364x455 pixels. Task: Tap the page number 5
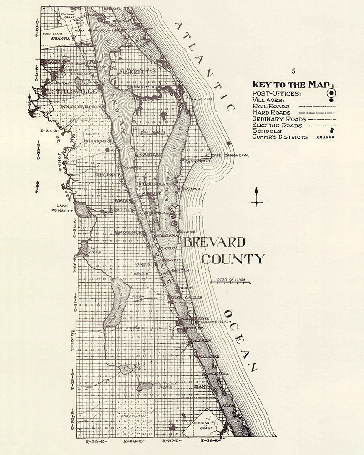pyautogui.click(x=294, y=71)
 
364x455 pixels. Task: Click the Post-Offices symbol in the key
pyautogui.click(x=332, y=93)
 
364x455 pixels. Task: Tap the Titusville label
pyautogui.click(x=78, y=91)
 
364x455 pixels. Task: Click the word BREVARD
pyautogui.click(x=214, y=242)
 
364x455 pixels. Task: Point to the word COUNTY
pyautogui.click(x=233, y=259)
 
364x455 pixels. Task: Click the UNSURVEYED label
pyautogui.click(x=132, y=415)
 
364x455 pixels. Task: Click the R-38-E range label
pyautogui.click(x=210, y=440)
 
